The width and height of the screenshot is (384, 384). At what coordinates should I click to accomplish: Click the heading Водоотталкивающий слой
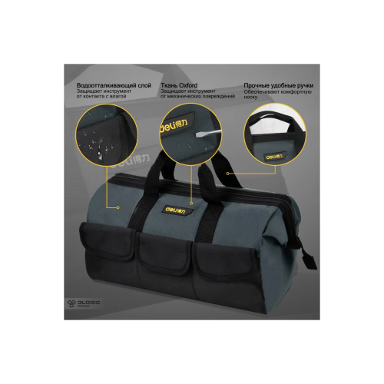coord(114,85)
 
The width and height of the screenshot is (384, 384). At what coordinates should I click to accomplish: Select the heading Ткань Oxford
coord(179,85)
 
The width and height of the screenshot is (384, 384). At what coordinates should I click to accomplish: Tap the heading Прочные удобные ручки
coord(279,85)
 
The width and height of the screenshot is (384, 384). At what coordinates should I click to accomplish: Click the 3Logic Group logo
coord(84,303)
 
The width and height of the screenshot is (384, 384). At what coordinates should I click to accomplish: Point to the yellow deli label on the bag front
coord(175,210)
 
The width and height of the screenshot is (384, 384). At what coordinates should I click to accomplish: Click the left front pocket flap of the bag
coord(108,240)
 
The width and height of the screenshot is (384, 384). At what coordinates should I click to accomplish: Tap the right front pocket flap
coord(225,259)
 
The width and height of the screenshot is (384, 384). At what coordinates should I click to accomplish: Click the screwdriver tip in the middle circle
coord(197,134)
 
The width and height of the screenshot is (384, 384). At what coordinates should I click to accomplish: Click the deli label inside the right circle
coord(275,156)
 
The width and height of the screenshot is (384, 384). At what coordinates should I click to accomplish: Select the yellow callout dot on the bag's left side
coord(118,207)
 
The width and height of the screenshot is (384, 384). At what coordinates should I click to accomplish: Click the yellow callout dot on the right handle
coord(227,174)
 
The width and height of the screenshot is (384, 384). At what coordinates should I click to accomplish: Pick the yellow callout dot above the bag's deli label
coord(191,204)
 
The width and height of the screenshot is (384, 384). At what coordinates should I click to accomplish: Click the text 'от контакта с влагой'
coord(101,97)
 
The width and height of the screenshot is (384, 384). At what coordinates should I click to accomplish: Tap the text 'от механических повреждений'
coord(197,97)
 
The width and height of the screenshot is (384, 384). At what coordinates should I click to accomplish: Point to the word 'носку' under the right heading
coord(250,98)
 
